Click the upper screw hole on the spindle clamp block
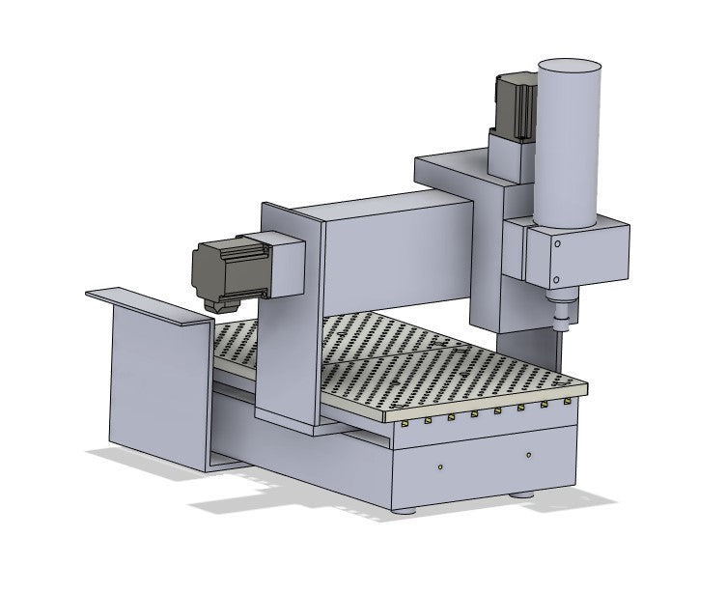pos(557,244)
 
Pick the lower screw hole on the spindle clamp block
pos(557,280)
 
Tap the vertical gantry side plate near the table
pos(289,319)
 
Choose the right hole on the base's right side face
pos(528,454)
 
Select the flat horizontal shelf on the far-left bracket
pos(145,304)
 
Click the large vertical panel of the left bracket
pos(159,386)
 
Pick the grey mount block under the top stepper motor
pos(508,154)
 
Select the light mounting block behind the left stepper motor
pos(280,263)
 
